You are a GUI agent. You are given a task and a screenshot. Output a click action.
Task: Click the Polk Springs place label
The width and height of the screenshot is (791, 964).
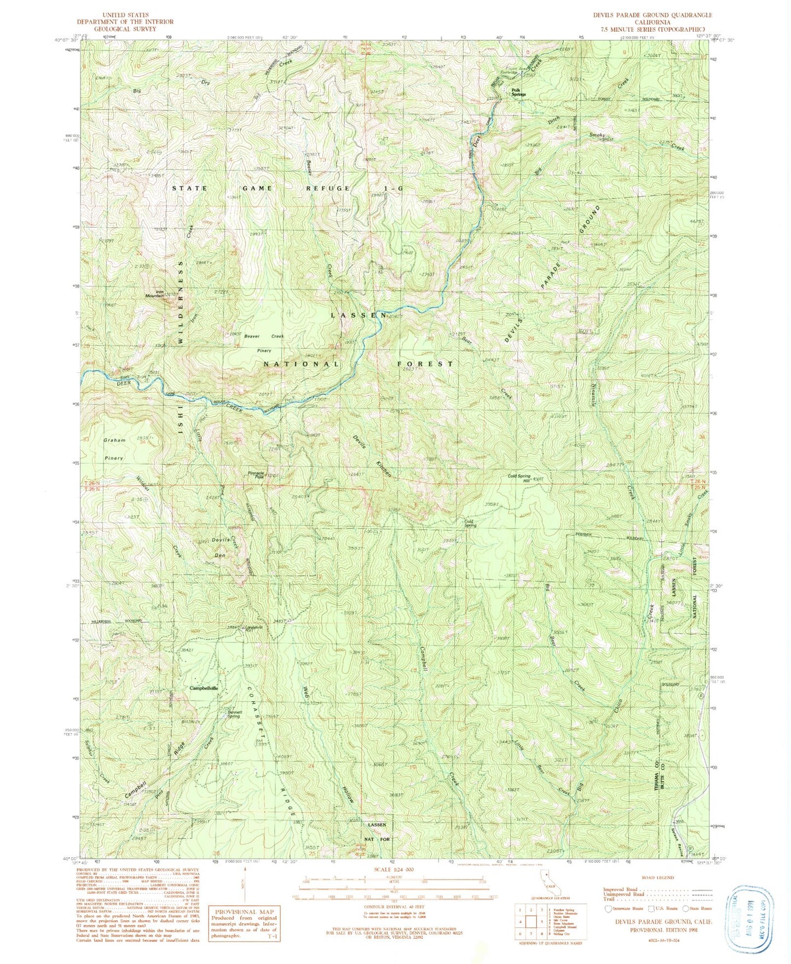[x=518, y=93]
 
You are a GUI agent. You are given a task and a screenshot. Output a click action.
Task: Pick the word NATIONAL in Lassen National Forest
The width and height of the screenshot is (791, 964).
[x=301, y=364]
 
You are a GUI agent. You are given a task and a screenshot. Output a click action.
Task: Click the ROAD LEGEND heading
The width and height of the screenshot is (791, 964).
[x=656, y=877]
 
